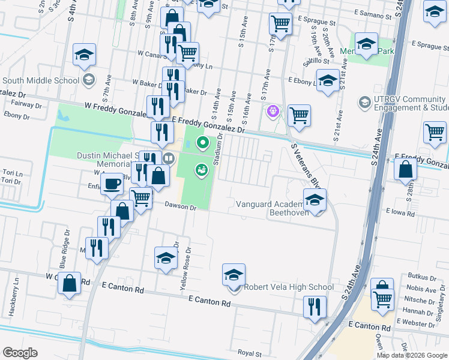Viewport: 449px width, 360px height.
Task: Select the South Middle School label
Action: click(x=40, y=80)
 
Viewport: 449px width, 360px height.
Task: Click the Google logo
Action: click(x=20, y=353)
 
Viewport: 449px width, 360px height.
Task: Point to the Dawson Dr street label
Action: click(x=181, y=207)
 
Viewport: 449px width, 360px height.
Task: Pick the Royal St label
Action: click(x=250, y=354)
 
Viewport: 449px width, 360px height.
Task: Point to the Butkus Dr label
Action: click(x=422, y=278)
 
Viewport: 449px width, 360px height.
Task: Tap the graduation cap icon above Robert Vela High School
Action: click(x=234, y=274)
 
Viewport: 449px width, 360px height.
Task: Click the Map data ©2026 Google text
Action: click(x=412, y=355)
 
